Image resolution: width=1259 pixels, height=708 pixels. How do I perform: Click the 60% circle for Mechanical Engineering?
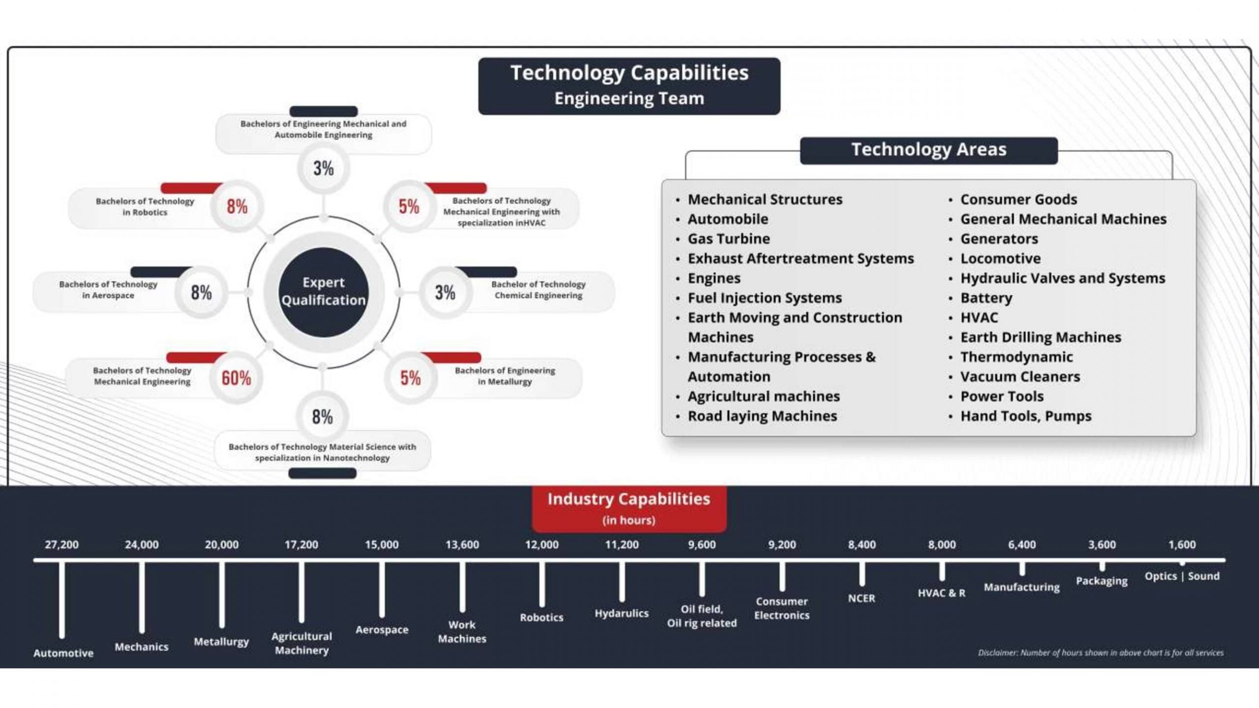(236, 378)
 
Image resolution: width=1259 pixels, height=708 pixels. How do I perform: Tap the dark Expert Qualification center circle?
(324, 292)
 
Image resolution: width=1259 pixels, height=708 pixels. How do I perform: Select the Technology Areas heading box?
(929, 150)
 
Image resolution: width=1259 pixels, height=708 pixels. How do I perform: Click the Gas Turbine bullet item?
(729, 239)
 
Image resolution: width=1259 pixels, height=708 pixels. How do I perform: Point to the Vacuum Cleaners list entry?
(1020, 377)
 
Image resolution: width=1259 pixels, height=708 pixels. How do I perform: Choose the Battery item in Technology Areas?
(986, 298)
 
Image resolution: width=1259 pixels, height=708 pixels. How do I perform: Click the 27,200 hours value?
(61, 545)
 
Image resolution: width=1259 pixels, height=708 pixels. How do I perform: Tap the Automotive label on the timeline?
(63, 653)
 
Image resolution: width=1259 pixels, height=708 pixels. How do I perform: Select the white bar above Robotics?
(541, 584)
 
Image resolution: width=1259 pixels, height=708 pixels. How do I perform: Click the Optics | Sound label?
(1182, 576)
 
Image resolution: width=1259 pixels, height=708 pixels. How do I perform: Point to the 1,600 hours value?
(1182, 545)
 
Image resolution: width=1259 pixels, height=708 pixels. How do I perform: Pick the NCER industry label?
(862, 598)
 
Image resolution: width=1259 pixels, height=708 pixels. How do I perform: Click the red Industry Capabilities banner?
(629, 508)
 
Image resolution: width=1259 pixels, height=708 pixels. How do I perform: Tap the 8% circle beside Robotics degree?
(237, 206)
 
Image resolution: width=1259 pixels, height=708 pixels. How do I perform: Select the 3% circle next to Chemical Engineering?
(445, 293)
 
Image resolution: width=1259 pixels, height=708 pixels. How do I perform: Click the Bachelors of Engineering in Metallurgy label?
(505, 376)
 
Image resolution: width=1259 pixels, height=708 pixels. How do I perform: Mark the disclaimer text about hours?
(1101, 653)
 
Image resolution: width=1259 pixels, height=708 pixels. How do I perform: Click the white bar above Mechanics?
(142, 597)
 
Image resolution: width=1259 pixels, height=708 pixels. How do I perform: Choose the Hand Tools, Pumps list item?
(1026, 416)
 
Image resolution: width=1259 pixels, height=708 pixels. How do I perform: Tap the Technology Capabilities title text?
(629, 73)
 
